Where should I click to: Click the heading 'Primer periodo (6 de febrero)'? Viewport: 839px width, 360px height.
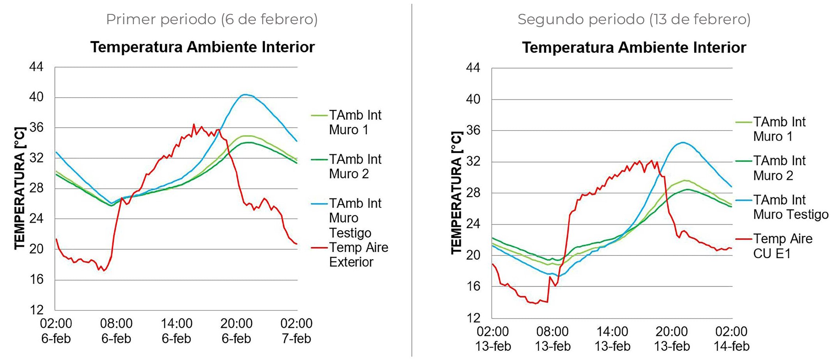pyautogui.click(x=212, y=19)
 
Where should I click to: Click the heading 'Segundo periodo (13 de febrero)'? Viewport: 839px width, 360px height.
pyautogui.click(x=634, y=19)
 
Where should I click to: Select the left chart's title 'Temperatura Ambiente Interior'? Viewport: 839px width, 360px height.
pyautogui.click(x=202, y=47)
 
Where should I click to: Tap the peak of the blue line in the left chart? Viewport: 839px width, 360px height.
pyautogui.click(x=245, y=94)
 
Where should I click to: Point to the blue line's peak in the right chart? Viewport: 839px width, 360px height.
pyautogui.click(x=683, y=142)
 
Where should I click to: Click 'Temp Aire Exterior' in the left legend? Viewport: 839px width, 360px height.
pyautogui.click(x=358, y=255)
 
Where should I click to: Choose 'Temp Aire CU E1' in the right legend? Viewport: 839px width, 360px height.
pyautogui.click(x=782, y=246)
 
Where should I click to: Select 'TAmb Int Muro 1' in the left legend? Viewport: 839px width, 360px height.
pyautogui.click(x=355, y=122)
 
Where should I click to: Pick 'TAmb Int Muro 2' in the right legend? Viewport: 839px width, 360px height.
pyautogui.click(x=779, y=168)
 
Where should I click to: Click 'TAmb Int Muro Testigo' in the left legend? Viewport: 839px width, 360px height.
pyautogui.click(x=355, y=218)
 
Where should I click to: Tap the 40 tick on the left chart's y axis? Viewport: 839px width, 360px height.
pyautogui.click(x=36, y=97)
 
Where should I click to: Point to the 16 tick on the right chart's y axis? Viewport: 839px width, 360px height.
pyautogui.click(x=473, y=286)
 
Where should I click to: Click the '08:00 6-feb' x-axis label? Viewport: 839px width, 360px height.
pyautogui.click(x=116, y=331)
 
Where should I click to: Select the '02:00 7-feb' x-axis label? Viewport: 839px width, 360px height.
pyautogui.click(x=296, y=331)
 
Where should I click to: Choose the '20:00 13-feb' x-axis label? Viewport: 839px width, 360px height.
pyautogui.click(x=672, y=339)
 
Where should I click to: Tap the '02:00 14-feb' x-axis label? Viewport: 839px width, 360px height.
pyautogui.click(x=731, y=339)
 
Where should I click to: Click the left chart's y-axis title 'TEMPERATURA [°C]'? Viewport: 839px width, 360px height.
pyautogui.click(x=20, y=188)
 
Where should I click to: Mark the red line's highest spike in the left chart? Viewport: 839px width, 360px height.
pyautogui.click(x=193, y=124)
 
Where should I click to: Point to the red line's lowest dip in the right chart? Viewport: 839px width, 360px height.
pyautogui.click(x=536, y=303)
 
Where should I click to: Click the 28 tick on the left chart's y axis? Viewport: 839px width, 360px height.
pyautogui.click(x=36, y=188)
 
